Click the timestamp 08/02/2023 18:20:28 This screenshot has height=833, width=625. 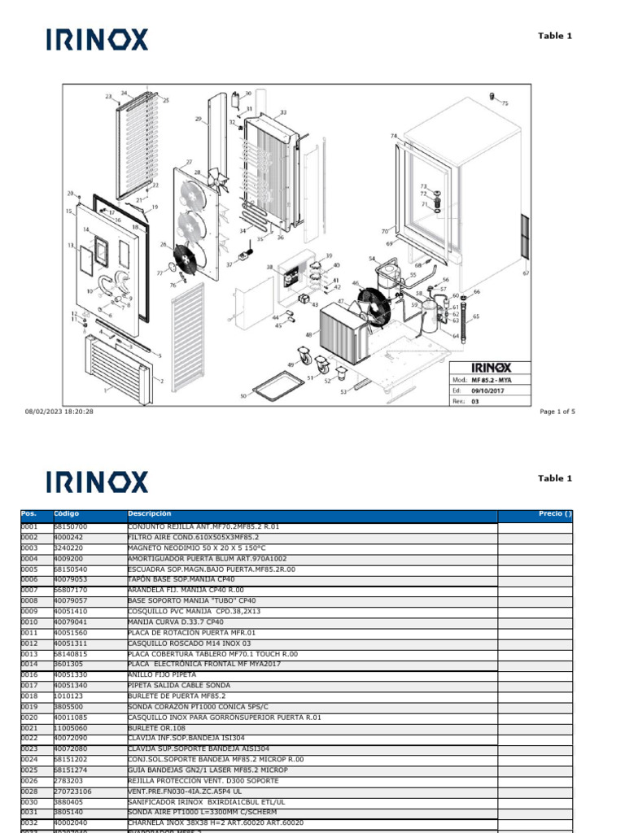pyautogui.click(x=59, y=412)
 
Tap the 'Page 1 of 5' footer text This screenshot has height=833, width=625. pyautogui.click(x=557, y=412)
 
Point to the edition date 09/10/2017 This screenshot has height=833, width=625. pyautogui.click(x=488, y=390)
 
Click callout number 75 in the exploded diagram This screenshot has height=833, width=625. pyautogui.click(x=505, y=103)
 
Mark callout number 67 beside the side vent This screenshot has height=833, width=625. pyautogui.click(x=526, y=273)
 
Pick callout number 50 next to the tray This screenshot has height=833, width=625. pyautogui.click(x=243, y=396)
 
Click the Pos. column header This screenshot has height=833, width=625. pyautogui.click(x=29, y=514)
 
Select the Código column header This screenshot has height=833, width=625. pyautogui.click(x=66, y=514)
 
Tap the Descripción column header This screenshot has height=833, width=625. pyautogui.click(x=150, y=514)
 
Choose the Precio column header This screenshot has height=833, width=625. pyautogui.click(x=555, y=514)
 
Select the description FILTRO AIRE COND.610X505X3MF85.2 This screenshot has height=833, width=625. pyautogui.click(x=193, y=538)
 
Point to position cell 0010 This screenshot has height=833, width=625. pyautogui.click(x=29, y=621)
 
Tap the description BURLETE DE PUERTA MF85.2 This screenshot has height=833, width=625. pyautogui.click(x=177, y=696)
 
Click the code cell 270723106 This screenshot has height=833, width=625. pyautogui.click(x=72, y=791)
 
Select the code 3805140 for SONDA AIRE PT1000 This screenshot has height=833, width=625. pyautogui.click(x=68, y=812)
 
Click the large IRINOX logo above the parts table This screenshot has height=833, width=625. pyautogui.click(x=98, y=482)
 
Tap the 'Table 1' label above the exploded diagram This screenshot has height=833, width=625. pyautogui.click(x=555, y=36)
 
